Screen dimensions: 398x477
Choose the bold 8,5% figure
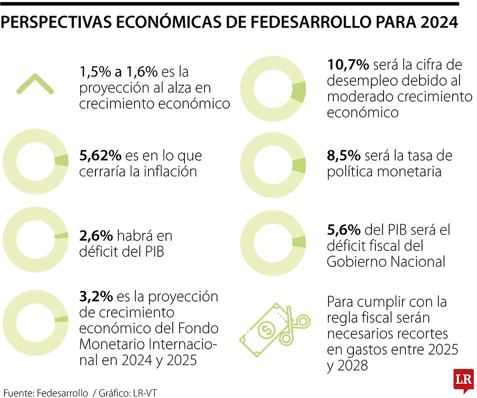click(x=344, y=156)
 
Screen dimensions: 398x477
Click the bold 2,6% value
click(x=96, y=236)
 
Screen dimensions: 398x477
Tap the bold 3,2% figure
click(x=96, y=296)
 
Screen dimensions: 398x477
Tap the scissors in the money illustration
click(x=296, y=324)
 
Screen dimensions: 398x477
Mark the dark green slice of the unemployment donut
click(x=299, y=91)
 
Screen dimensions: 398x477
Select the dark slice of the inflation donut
click(x=62, y=161)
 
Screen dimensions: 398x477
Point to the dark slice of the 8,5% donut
click(x=300, y=165)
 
